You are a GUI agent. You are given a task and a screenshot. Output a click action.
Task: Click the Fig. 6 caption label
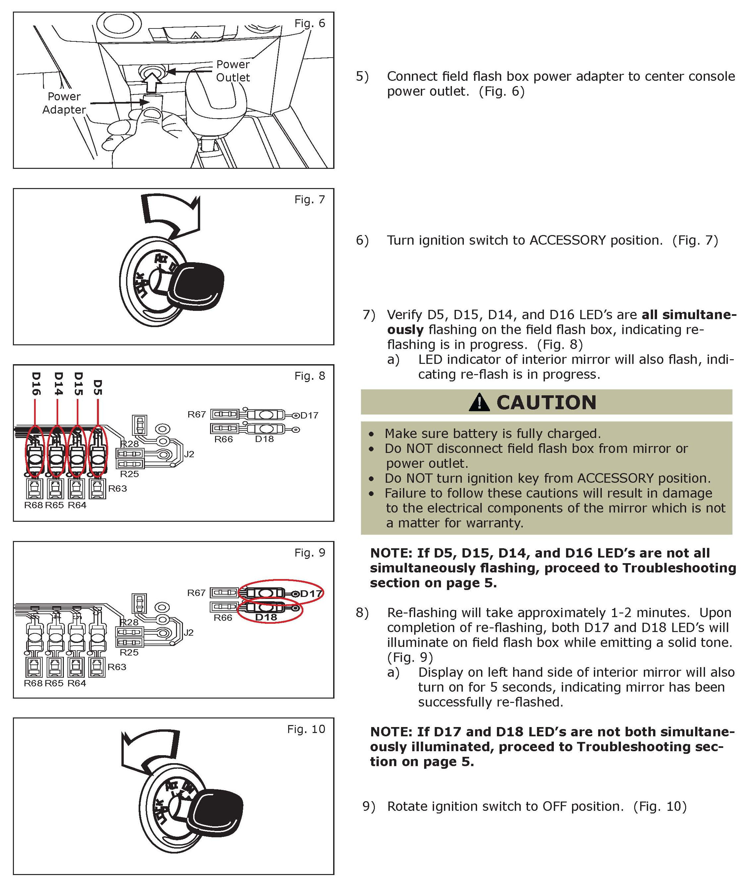point(309,24)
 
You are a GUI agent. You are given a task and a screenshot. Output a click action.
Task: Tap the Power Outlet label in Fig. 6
point(233,71)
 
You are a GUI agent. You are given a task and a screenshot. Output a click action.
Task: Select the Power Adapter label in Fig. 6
point(64,103)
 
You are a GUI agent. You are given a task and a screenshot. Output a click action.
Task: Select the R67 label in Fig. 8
point(196,414)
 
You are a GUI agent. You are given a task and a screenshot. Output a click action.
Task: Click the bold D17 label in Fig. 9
point(311,594)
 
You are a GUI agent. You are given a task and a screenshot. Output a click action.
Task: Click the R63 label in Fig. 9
point(117,667)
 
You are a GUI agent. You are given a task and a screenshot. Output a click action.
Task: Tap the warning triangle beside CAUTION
point(479,402)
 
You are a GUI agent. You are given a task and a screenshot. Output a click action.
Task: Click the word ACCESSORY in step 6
point(567,240)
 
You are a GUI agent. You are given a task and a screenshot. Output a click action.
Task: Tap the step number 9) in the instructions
point(369,806)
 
